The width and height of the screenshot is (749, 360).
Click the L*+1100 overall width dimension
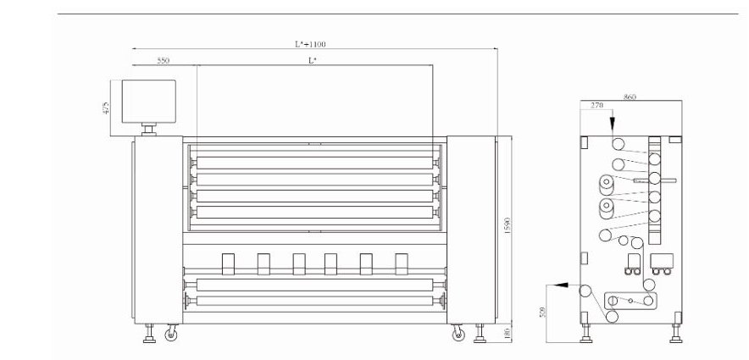pos(310,44)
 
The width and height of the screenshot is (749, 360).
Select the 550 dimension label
pos(164,61)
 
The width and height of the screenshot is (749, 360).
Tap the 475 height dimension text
pos(106,108)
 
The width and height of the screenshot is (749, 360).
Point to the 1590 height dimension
pos(508,226)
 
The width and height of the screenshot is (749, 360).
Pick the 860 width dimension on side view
pos(630,97)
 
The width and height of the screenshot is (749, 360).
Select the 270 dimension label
pos(597,106)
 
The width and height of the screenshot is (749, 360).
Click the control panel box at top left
pos(148,101)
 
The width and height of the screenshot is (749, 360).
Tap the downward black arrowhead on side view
pos(612,125)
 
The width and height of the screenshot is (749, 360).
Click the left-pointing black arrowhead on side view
pos(561,285)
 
